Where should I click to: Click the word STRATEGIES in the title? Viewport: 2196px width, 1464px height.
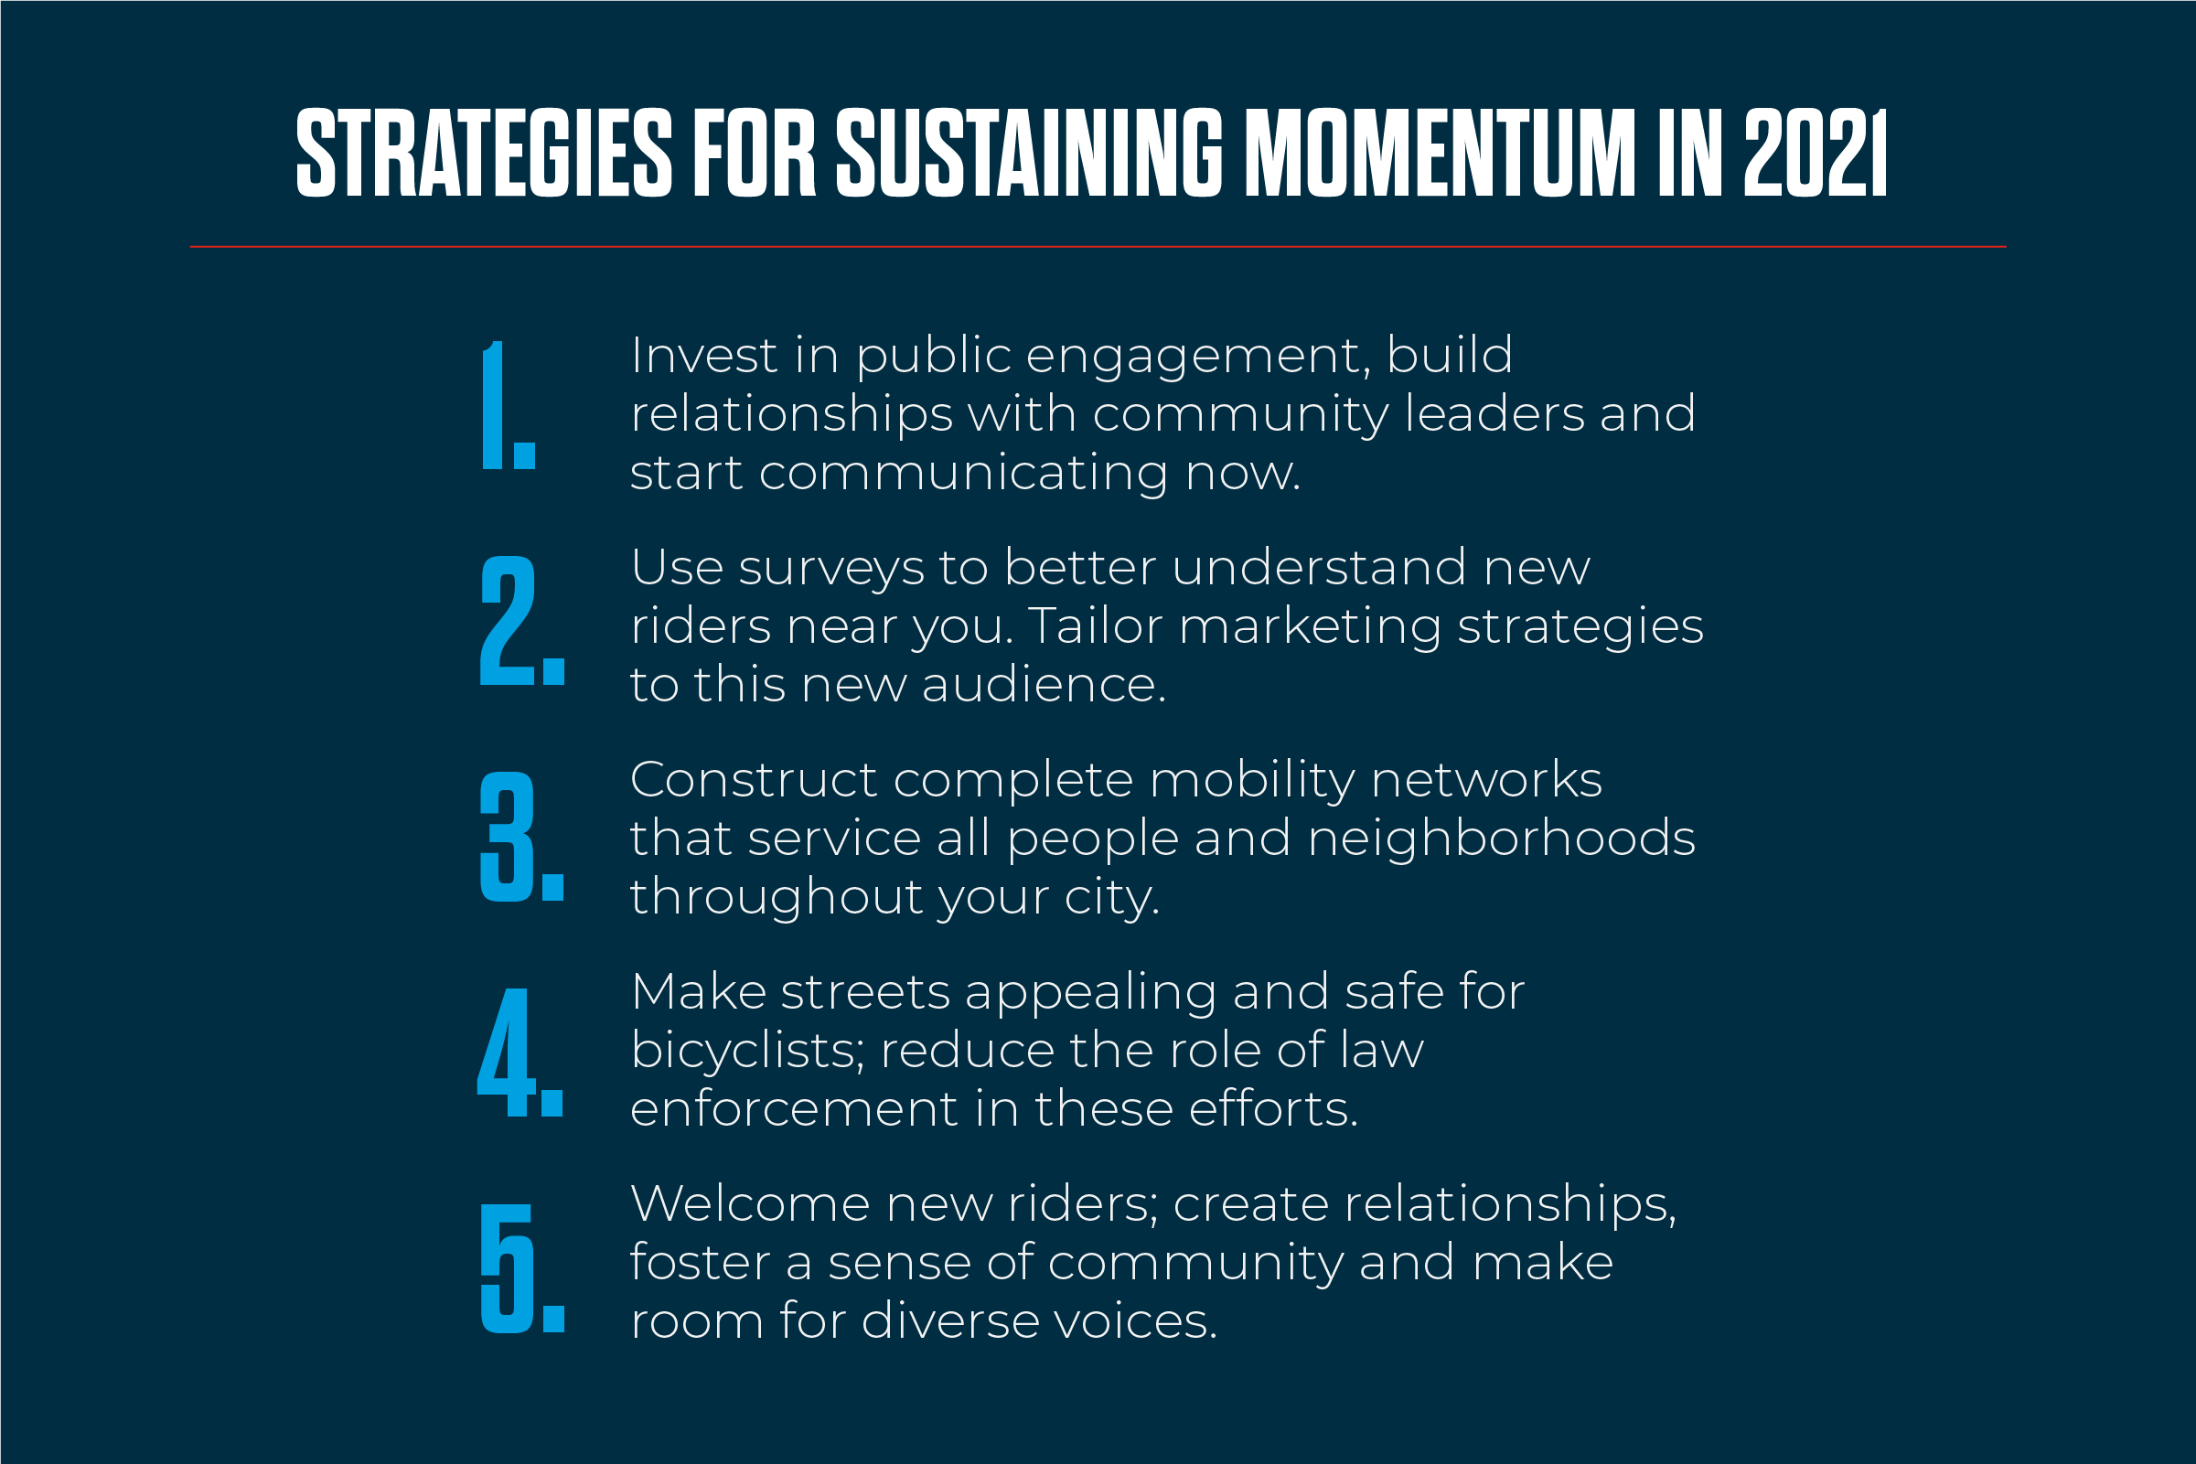[484, 153]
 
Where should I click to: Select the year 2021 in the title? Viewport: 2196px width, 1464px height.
[1815, 153]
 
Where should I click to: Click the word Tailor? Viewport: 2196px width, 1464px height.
[1095, 625]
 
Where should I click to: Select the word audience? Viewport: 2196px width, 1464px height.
[1044, 684]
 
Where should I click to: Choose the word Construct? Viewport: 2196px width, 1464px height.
[755, 780]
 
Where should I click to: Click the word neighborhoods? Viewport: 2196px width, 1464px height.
[1502, 838]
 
